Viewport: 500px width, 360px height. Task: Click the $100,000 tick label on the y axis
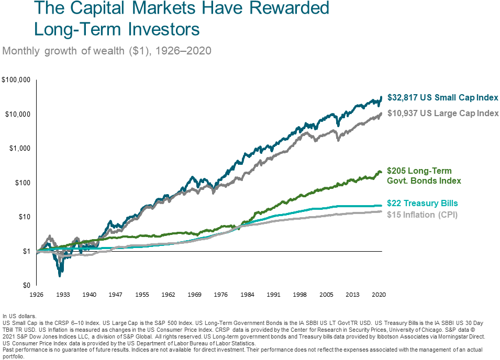tap(16, 80)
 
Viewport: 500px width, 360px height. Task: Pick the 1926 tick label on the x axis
tap(37, 295)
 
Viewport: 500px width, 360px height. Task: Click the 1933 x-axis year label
tap(63, 295)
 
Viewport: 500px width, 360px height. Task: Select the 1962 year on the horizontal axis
tap(168, 295)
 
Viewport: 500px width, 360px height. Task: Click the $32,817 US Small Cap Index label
tap(442, 98)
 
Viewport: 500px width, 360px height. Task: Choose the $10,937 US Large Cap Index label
tap(442, 113)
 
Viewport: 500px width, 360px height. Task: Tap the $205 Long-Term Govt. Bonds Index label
tap(424, 176)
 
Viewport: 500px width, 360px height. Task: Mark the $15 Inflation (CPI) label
tap(422, 215)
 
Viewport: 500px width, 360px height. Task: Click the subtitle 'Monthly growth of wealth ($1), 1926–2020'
tap(107, 51)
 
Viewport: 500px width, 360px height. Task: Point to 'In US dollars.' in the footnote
tap(19, 316)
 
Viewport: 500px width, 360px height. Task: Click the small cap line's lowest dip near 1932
tap(61, 274)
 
